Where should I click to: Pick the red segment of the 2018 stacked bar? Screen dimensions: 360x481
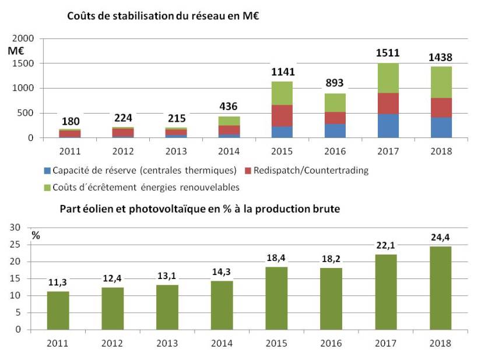(441, 108)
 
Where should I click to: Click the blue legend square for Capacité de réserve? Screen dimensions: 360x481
(47, 171)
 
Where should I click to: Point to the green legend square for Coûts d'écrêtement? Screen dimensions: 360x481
(47, 187)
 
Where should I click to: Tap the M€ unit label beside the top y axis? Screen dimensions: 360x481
(16, 51)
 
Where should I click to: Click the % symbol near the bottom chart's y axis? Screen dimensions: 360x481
(36, 235)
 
